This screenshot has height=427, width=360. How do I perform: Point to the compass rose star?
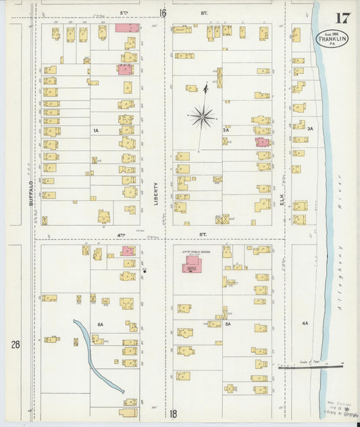tap(201, 117)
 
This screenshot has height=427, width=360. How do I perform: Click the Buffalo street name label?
tap(31, 193)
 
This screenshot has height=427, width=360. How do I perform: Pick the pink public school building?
tap(192, 263)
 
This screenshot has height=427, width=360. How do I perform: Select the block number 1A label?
tap(96, 130)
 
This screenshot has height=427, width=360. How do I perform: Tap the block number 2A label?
tap(226, 130)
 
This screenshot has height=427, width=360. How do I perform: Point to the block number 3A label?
tap(310, 128)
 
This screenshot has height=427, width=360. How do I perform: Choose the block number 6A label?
tap(100, 324)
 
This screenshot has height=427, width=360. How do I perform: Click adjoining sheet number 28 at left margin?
tap(15, 345)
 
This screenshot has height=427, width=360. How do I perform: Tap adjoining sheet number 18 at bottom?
tap(174, 414)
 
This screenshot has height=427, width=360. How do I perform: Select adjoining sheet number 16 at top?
tap(162, 12)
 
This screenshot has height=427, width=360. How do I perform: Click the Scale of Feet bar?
tap(311, 367)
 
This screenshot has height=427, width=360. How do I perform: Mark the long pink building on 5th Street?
tap(127, 28)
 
